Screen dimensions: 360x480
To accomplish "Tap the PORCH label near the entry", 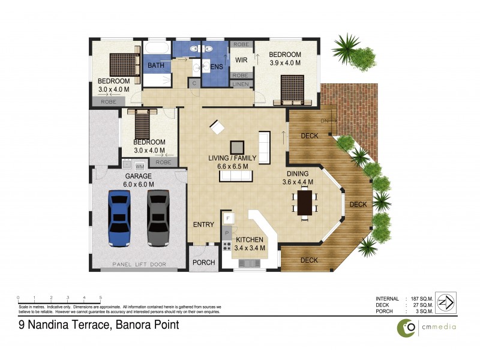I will point(203,263).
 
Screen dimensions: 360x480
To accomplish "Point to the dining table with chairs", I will point(305,202).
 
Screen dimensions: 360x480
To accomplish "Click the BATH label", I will point(156,65).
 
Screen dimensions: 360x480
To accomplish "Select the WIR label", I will point(241,60).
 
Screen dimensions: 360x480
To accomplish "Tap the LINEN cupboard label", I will point(241,85).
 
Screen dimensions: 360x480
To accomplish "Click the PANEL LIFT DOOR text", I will point(139,265).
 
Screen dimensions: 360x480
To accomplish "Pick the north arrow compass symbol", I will point(446,301).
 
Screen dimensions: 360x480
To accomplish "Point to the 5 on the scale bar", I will point(100,298).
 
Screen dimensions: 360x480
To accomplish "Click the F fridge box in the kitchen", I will point(228,218).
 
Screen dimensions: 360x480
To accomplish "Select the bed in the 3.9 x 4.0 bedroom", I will point(292,88).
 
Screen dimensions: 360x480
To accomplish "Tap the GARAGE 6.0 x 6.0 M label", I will point(139,181).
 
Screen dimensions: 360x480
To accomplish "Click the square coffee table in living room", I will point(238,147).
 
